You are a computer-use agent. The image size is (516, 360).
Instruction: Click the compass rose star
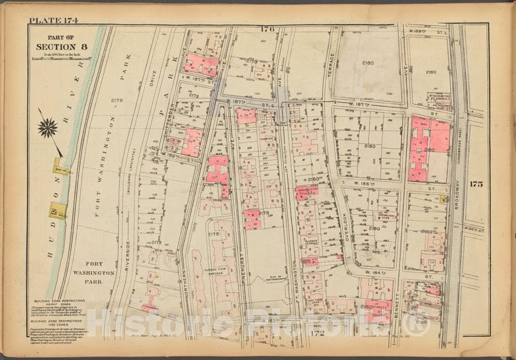pos(48,126)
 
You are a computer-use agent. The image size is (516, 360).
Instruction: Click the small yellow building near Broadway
pos(442,198)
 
